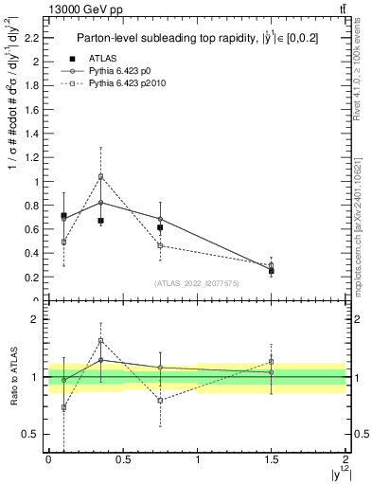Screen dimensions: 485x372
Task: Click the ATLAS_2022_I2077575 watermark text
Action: tap(197, 283)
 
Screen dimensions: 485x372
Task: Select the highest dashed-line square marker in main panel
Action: tap(100, 176)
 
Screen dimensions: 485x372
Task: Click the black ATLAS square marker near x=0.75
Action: tap(160, 227)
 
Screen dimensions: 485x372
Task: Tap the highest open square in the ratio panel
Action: tap(100, 341)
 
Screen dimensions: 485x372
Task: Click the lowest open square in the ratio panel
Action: tap(63, 407)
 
